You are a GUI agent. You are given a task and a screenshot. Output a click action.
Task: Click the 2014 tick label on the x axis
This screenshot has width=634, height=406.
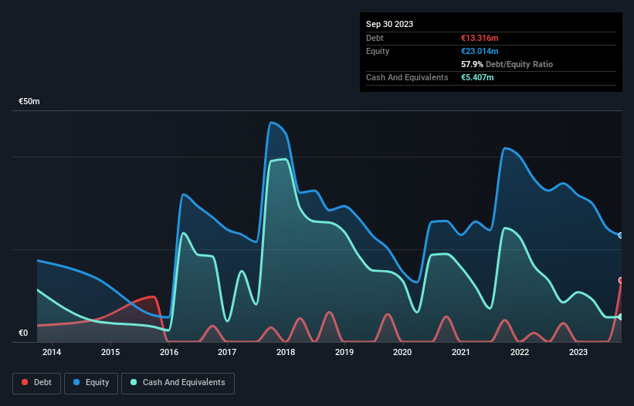tap(52, 353)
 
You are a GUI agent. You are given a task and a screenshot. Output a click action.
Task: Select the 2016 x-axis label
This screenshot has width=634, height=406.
tap(169, 353)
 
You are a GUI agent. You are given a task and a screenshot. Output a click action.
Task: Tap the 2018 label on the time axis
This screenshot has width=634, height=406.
tap(286, 353)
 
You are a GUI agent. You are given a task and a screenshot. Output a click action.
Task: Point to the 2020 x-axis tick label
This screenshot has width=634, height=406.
tap(402, 353)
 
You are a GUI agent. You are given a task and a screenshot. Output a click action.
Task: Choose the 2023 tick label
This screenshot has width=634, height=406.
tap(578, 353)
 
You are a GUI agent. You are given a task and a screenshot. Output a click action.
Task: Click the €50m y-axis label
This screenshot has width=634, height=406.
tap(29, 102)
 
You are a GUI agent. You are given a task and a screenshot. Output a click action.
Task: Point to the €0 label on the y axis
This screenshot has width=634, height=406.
tap(23, 333)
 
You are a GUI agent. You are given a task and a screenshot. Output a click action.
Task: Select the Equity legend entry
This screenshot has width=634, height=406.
tap(91, 383)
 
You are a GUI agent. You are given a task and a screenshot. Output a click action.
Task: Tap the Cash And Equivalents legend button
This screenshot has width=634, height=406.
tap(178, 383)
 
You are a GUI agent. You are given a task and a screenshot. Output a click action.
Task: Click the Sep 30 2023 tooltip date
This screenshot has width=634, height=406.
tap(389, 24)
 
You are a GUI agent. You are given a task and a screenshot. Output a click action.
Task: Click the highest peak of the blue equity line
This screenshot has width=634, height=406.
tap(271, 122)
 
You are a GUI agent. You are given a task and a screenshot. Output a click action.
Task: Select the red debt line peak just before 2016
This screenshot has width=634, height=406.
tap(154, 296)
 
